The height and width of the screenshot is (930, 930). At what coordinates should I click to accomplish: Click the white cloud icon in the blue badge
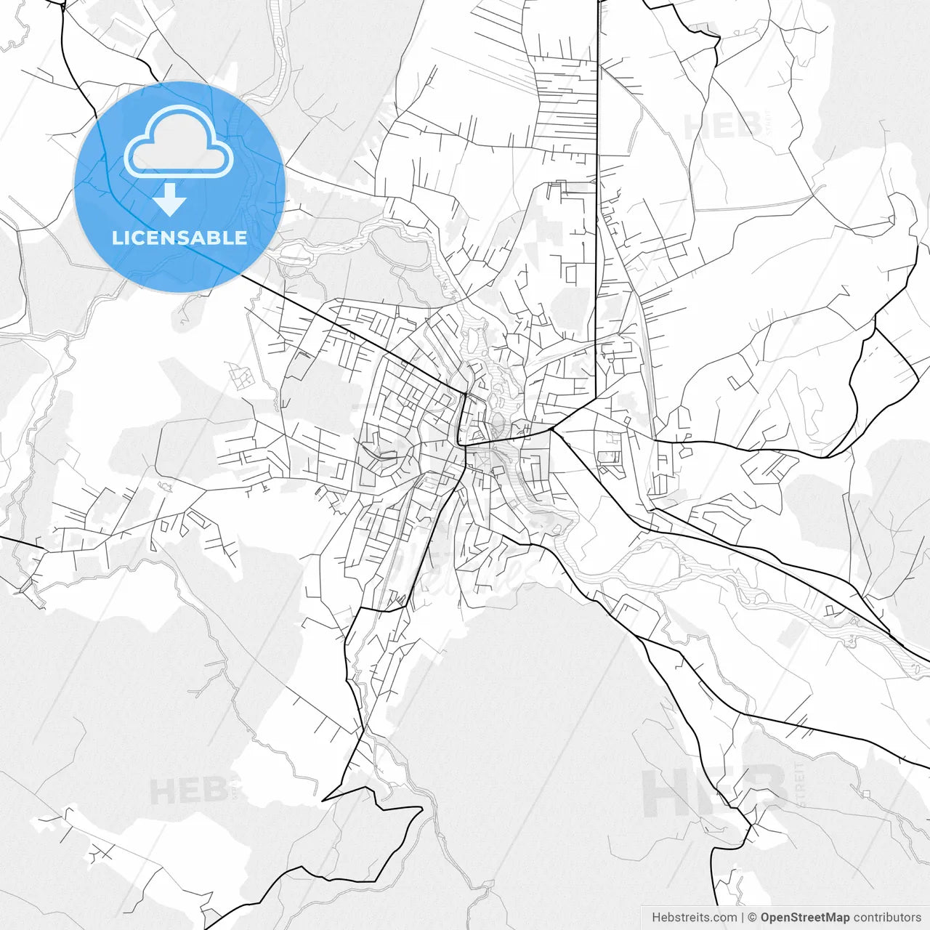179,142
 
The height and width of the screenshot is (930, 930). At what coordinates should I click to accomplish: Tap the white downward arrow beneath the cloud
170,200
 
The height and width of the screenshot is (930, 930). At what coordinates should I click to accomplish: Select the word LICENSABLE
179,238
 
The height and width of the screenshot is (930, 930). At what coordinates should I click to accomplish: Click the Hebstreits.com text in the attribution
694,918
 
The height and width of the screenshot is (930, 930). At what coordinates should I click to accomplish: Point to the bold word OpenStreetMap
804,918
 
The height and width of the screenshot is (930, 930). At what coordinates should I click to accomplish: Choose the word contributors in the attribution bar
886,918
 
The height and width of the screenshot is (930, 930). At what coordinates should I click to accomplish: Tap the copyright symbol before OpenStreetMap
753,918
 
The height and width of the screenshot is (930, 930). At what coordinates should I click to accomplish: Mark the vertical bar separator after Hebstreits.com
743,918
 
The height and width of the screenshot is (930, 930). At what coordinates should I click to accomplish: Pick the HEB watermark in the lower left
187,791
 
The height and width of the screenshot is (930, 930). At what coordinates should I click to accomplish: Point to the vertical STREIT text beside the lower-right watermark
800,785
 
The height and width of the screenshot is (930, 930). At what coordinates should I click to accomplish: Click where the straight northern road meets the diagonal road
596,398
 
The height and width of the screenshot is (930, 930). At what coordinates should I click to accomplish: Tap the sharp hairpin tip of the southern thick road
323,800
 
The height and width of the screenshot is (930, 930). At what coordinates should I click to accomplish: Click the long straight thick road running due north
597,182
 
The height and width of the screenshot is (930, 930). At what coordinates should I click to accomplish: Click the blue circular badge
179,187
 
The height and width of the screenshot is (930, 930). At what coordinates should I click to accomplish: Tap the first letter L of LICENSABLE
116,238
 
